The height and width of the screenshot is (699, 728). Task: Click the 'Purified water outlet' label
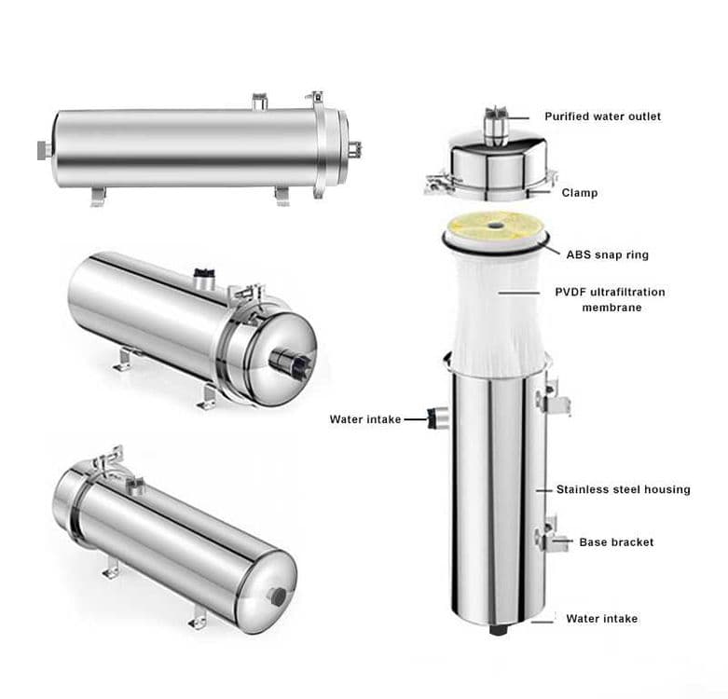pos(603,116)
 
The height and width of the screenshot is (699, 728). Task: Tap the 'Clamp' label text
pos(580,193)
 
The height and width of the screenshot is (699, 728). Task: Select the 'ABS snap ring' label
pos(607,254)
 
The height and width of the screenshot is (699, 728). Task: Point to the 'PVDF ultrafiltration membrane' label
pos(610,299)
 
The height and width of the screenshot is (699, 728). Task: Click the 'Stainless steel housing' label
pos(623,489)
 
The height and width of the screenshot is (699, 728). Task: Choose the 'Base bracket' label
pos(616,542)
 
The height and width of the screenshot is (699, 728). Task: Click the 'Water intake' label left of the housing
pos(365,419)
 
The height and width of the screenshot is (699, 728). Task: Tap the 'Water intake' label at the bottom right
pos(602,618)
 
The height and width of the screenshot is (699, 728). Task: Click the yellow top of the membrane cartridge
pos(495,228)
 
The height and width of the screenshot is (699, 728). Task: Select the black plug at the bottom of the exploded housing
pos(498,630)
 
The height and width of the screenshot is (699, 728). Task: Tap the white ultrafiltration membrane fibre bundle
pos(497,311)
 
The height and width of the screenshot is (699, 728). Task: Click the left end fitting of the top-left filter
pos(45,150)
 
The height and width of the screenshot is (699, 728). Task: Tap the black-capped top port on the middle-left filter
pos(204,278)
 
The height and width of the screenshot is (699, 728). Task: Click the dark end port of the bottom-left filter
pos(279,596)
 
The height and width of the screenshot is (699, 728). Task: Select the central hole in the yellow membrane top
pos(495,226)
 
